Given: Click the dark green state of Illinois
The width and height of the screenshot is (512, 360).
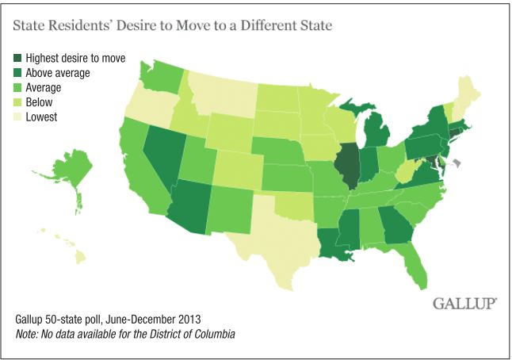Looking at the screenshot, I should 345,164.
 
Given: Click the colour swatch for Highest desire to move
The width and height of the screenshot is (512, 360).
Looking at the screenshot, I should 17,58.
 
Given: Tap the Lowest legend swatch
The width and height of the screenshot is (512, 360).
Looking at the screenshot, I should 17,117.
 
